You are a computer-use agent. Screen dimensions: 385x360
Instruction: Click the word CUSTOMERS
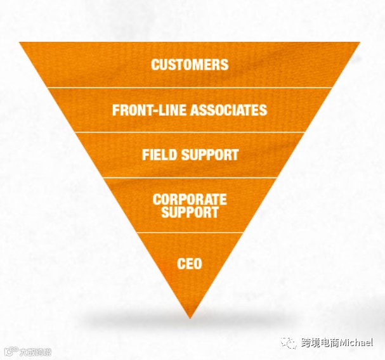pos(190,65)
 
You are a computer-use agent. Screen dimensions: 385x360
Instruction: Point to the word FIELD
pos(159,155)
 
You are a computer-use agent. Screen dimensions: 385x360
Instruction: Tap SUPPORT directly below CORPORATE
pos(190,212)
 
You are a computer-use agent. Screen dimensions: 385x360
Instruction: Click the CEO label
pos(190,262)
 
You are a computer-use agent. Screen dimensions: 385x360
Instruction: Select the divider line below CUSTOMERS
pos(190,87)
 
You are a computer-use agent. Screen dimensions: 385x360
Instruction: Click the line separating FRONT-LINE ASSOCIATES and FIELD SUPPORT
pos(190,132)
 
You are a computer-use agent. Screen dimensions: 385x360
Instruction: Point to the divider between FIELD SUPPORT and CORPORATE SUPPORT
pos(190,178)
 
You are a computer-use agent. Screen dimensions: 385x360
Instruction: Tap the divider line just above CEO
pos(190,233)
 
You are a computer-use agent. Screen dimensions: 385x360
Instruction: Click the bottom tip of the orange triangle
pos(190,316)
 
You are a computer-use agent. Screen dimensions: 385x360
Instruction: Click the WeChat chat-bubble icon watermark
pos(290,343)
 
